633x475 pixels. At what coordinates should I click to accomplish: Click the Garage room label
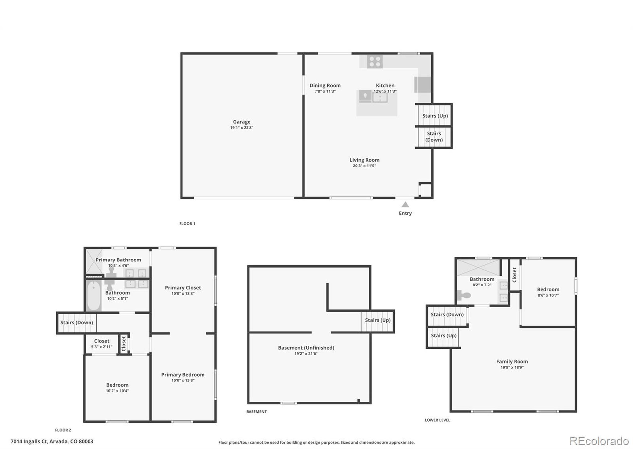(x=242, y=122)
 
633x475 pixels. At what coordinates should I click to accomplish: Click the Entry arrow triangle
(x=405, y=205)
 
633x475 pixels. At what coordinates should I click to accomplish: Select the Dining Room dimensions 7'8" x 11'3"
(x=325, y=91)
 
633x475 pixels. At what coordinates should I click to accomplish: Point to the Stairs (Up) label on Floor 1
(x=435, y=116)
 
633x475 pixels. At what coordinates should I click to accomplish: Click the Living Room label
(x=364, y=160)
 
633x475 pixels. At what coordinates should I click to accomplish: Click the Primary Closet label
(x=183, y=288)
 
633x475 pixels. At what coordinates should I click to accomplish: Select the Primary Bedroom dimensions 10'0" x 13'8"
(x=183, y=380)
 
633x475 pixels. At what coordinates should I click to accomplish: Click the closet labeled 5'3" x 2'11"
(x=102, y=344)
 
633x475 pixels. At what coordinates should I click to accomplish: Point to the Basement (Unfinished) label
(x=306, y=348)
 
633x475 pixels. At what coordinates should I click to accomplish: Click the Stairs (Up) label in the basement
(x=378, y=320)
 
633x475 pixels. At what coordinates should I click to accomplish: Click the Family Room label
(x=512, y=362)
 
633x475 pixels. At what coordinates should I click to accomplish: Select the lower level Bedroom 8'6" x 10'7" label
(x=548, y=292)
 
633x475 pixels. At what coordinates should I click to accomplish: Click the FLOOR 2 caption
(x=63, y=430)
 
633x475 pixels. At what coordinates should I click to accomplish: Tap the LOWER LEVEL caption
(x=437, y=420)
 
